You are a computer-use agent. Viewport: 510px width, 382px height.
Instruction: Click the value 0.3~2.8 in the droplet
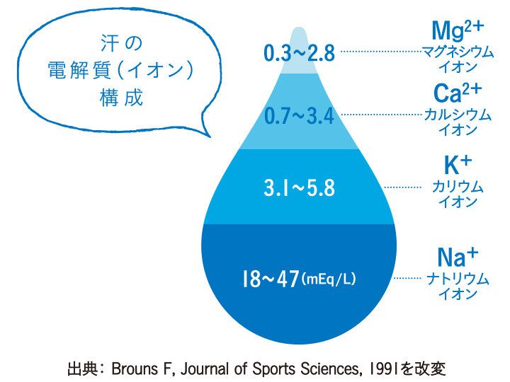click(x=298, y=53)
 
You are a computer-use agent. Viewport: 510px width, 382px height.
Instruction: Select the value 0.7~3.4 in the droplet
click(x=298, y=115)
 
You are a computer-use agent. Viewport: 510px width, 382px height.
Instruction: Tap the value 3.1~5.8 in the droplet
click(x=298, y=189)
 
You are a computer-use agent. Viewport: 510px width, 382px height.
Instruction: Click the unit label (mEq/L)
click(x=329, y=279)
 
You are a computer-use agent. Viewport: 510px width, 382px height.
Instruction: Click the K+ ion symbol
click(x=457, y=166)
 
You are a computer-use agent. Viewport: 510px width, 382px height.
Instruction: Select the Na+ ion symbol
click(x=457, y=256)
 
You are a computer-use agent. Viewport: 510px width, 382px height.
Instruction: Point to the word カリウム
click(x=457, y=187)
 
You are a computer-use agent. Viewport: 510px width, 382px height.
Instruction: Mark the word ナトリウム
click(x=457, y=279)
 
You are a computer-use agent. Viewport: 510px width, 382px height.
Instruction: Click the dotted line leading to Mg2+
click(x=380, y=52)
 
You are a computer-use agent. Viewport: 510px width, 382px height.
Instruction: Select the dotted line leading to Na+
click(x=407, y=279)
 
